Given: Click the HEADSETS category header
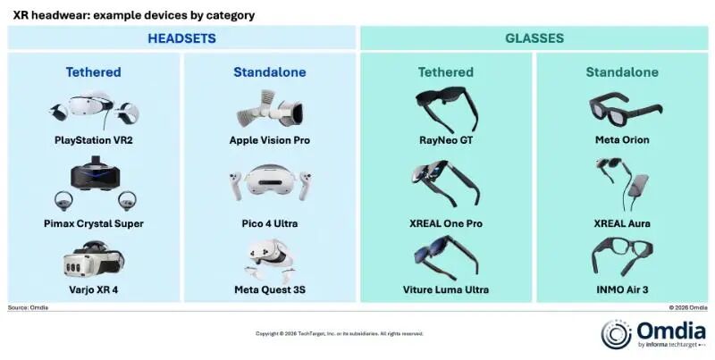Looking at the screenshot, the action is (x=181, y=38).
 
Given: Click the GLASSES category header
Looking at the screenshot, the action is (x=534, y=38).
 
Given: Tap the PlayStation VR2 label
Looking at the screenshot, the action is (x=94, y=140).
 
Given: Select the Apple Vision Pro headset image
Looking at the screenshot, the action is (x=270, y=109).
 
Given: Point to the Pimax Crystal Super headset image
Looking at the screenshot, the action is (x=95, y=183).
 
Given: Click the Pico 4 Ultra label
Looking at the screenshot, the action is (x=270, y=223).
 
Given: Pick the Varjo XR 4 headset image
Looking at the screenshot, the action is (x=94, y=259).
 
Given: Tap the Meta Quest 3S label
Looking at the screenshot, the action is (x=270, y=289).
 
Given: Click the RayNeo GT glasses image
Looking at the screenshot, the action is (x=446, y=109).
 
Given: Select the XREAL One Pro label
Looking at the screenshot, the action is (x=445, y=223).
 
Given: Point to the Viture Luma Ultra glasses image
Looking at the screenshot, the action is (x=446, y=256).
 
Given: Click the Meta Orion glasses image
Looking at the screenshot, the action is (x=625, y=108).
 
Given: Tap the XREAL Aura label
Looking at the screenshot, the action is (x=622, y=223).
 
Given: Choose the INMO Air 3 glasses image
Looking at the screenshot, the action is (x=622, y=256).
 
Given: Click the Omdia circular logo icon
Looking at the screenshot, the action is (x=616, y=335).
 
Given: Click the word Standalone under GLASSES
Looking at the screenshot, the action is (x=622, y=72).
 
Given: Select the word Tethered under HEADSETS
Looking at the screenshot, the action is (x=94, y=72).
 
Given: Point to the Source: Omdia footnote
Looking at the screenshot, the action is (x=28, y=307).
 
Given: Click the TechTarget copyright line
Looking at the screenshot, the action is (x=340, y=333).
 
